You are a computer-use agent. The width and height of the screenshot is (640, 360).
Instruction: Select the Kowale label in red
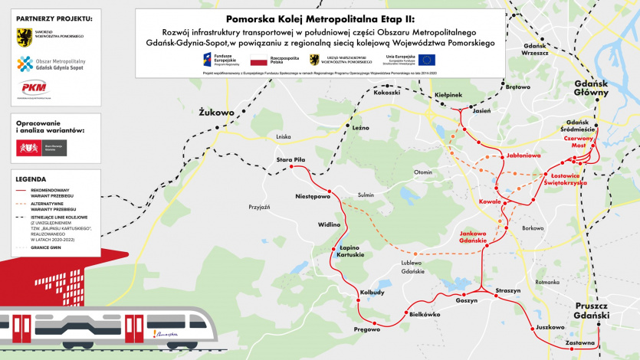[x=490, y=201]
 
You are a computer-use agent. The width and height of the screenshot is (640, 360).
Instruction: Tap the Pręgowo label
[x=366, y=329]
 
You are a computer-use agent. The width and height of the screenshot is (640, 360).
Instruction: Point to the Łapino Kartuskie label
[x=350, y=250]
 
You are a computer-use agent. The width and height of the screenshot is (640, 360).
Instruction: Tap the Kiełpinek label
[x=448, y=95]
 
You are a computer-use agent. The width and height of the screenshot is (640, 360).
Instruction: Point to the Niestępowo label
[x=313, y=197]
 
